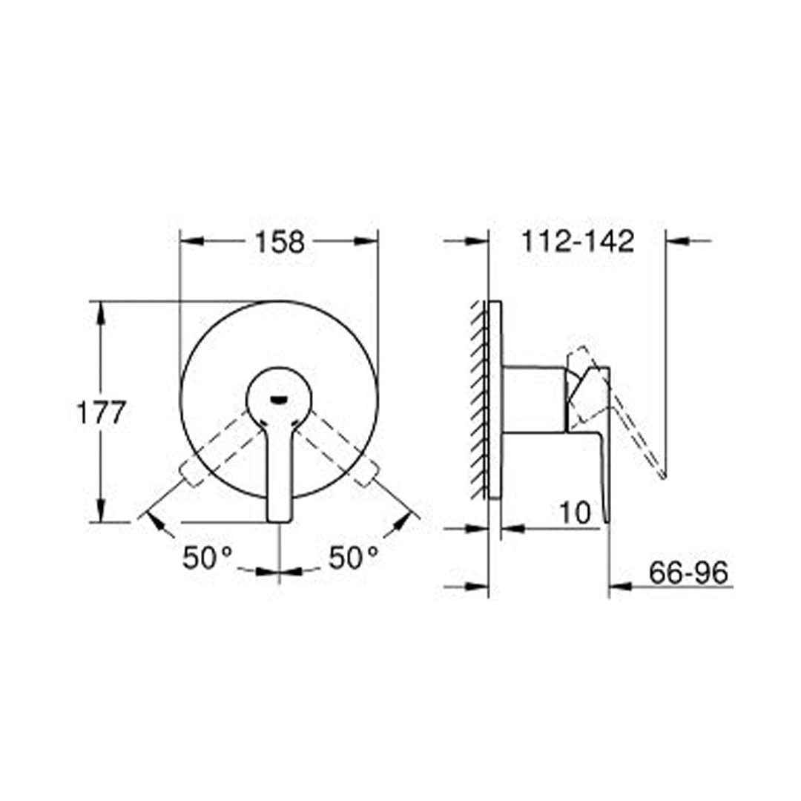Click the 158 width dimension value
click(x=280, y=242)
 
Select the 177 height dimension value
click(x=101, y=412)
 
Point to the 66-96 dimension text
click(x=688, y=573)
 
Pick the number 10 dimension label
click(x=576, y=512)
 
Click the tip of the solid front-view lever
click(x=280, y=521)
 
